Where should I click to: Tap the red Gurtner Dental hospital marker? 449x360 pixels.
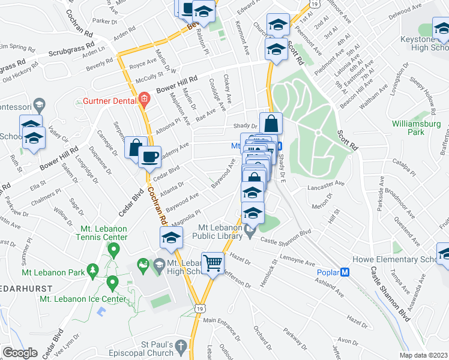coord(143,98)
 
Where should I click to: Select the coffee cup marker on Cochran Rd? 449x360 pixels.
coord(149,157)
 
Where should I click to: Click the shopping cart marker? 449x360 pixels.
coord(212,263)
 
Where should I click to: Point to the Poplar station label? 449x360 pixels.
coord(328,272)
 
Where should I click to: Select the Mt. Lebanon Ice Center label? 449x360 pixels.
coord(93,299)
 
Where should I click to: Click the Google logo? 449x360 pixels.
coord(20,352)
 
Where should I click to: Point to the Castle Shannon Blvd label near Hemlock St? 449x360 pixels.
coord(286,236)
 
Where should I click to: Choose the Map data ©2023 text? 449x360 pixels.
coord(423,355)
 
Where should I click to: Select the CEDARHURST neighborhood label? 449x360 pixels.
coord(25,289)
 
